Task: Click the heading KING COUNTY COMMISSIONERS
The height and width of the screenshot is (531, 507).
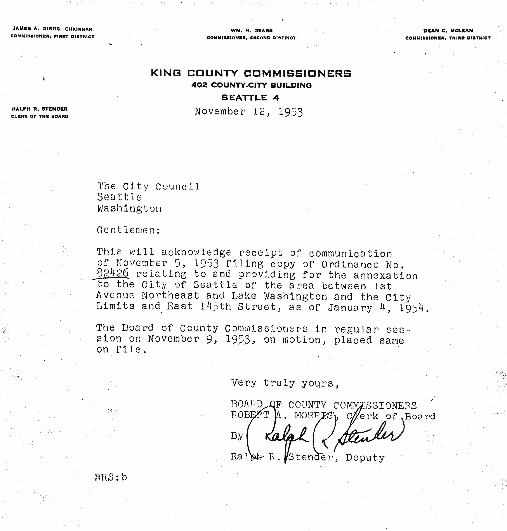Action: [x=251, y=73]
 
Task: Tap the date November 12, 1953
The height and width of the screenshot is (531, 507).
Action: [x=249, y=112]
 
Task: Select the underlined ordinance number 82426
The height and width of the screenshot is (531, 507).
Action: [x=113, y=273]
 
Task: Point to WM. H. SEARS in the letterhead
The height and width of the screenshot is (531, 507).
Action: [x=251, y=31]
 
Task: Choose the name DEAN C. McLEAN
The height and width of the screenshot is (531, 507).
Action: [x=448, y=31]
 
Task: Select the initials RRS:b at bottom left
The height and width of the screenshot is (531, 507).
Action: [x=111, y=477]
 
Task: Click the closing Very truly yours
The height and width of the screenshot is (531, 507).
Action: [x=285, y=383]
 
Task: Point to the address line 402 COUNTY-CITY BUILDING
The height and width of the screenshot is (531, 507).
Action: [x=251, y=85]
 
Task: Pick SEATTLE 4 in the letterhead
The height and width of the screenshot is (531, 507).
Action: [x=250, y=98]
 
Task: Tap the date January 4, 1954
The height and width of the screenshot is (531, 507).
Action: [x=378, y=308]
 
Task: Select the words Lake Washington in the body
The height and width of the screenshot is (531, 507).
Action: [x=279, y=296]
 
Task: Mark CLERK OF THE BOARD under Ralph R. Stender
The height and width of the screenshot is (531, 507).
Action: [x=40, y=116]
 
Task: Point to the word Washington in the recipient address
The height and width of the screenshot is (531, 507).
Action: [x=129, y=209]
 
